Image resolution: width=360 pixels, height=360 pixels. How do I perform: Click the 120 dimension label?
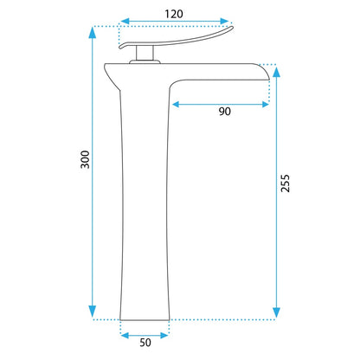pos(174,14)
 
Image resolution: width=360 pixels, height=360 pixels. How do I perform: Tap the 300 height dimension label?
pos(85,159)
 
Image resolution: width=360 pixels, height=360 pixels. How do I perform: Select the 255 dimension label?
pos(285,183)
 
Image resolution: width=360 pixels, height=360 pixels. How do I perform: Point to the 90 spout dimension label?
pos(225,112)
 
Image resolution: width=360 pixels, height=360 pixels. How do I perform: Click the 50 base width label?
pos(145,343)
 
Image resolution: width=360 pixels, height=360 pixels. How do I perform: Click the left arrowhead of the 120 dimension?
pos(125,21)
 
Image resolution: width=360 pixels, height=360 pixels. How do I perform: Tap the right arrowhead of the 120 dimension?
pos(224,21)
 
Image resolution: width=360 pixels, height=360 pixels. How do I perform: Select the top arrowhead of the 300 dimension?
pos(93,32)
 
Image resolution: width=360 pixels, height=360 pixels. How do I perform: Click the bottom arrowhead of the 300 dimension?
pos(93,312)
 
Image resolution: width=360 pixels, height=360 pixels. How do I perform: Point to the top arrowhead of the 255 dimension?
pos(276,72)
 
